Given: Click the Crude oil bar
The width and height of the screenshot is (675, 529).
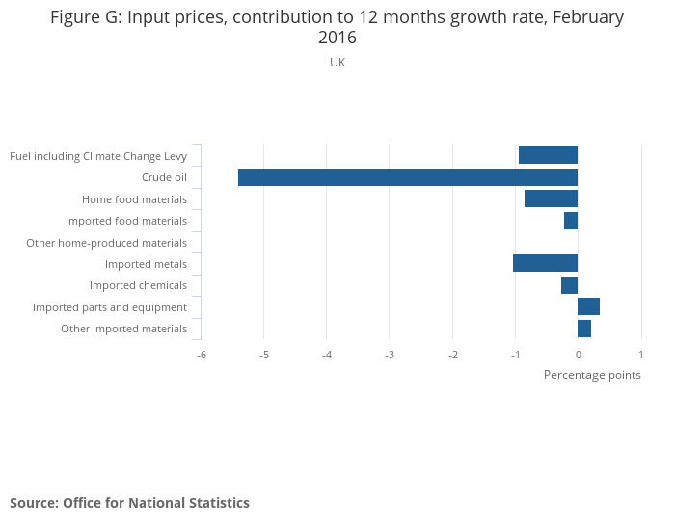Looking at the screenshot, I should pyautogui.click(x=407, y=177).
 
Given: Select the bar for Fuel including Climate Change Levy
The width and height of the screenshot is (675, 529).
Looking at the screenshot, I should pyautogui.click(x=548, y=155).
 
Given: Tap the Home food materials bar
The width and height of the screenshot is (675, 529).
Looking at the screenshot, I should pyautogui.click(x=551, y=198).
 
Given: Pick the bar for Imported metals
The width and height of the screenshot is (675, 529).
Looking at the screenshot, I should pyautogui.click(x=545, y=263).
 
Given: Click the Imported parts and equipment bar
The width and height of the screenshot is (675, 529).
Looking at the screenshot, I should pyautogui.click(x=588, y=306).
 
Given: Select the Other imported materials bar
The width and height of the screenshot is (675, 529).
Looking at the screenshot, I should pyautogui.click(x=584, y=329).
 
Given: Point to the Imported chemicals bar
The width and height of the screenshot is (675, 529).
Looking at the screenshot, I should pyautogui.click(x=569, y=285).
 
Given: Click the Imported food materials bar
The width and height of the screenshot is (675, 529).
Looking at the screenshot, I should pyautogui.click(x=571, y=221).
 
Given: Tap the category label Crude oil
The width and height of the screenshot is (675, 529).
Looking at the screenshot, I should pyautogui.click(x=164, y=177).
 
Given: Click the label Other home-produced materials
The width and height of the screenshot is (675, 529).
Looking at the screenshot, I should pyautogui.click(x=106, y=243).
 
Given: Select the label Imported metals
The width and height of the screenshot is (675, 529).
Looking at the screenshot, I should pyautogui.click(x=146, y=264).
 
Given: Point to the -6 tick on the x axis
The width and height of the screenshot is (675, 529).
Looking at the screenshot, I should pyautogui.click(x=202, y=354).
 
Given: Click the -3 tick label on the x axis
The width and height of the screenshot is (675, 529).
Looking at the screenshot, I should pyautogui.click(x=390, y=354).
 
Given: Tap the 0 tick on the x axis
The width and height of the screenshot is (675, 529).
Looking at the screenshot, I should pyautogui.click(x=578, y=354).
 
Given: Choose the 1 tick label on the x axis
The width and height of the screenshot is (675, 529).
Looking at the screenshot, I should pyautogui.click(x=640, y=354).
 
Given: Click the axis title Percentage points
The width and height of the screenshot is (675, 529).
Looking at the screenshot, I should pyautogui.click(x=592, y=375).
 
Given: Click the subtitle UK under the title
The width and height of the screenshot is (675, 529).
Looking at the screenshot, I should pyautogui.click(x=337, y=63).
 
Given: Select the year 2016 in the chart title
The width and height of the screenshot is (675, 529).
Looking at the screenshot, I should pyautogui.click(x=337, y=39).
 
